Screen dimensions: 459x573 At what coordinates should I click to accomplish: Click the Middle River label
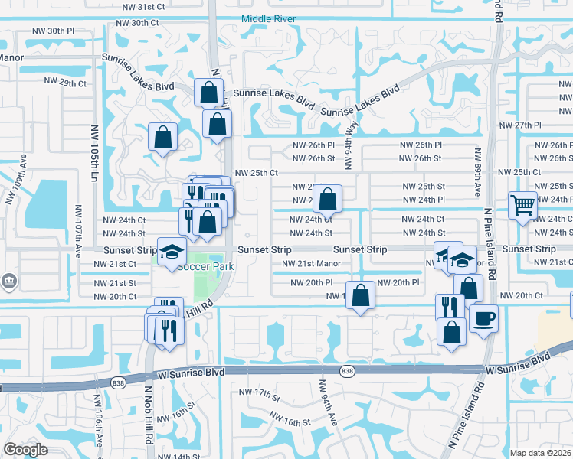coord(272,18)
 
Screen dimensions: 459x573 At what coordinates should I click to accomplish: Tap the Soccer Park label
coord(205,266)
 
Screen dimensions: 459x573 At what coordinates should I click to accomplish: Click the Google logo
coord(25,450)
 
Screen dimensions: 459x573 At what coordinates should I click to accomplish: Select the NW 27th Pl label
coord(519,125)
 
